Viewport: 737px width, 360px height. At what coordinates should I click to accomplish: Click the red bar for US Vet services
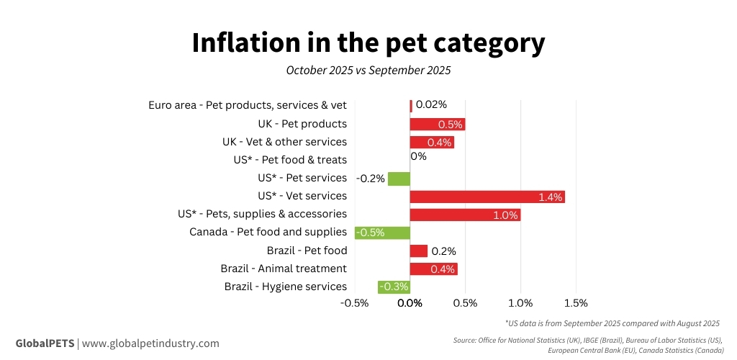coord(487,197)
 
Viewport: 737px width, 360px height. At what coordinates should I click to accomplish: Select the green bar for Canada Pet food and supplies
coord(382,233)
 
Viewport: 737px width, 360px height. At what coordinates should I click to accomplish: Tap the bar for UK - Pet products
coord(438,124)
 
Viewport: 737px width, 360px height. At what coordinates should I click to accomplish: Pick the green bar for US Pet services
coord(399,179)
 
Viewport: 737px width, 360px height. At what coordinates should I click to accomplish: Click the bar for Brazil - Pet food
coord(419,251)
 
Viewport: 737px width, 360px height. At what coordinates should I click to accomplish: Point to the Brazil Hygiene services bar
coord(394,287)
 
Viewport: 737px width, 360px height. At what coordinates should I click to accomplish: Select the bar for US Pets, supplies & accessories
coord(465,215)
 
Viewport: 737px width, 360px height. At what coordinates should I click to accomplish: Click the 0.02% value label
coord(431,104)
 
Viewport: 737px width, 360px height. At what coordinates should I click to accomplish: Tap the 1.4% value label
coord(550,197)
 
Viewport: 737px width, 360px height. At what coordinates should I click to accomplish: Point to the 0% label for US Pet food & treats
coord(418,156)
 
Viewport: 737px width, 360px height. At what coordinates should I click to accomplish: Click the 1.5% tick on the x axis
coord(576,303)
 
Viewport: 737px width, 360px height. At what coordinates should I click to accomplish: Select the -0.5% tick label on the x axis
coord(354,303)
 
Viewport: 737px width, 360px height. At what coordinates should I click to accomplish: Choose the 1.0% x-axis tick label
coord(520,303)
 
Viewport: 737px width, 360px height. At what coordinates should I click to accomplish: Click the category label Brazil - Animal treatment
coord(284,269)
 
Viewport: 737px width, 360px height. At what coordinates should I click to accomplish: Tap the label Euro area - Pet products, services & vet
coord(248,105)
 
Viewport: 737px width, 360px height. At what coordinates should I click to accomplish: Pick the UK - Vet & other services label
coord(284,142)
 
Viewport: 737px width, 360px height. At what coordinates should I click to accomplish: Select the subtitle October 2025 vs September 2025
coord(368,71)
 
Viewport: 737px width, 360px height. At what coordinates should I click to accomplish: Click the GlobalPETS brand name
coord(45,343)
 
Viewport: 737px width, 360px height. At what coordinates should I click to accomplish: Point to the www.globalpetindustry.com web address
coord(150,343)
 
